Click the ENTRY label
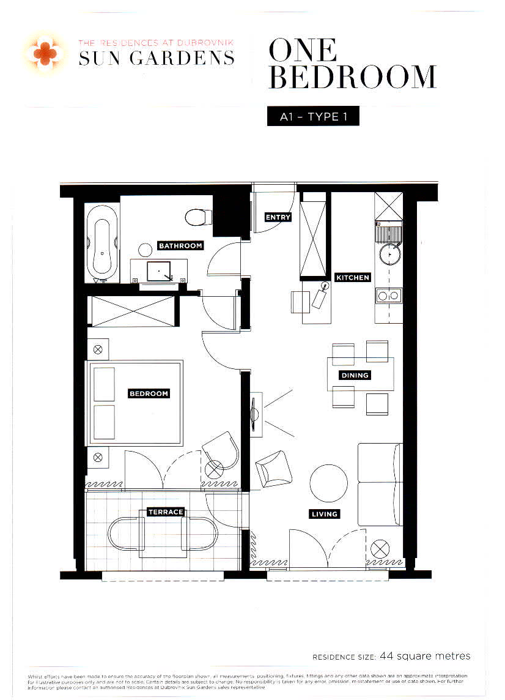(x=278, y=217)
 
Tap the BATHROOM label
(x=180, y=245)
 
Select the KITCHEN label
(x=353, y=277)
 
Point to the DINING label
(x=355, y=375)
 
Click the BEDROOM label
(x=149, y=393)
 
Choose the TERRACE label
(x=166, y=512)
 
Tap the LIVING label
(x=324, y=514)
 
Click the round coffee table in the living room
(x=330, y=483)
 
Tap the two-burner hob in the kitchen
(x=389, y=296)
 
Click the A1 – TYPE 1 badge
(x=313, y=116)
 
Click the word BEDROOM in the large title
(x=353, y=78)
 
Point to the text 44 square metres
(x=425, y=656)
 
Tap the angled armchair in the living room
(x=272, y=468)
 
